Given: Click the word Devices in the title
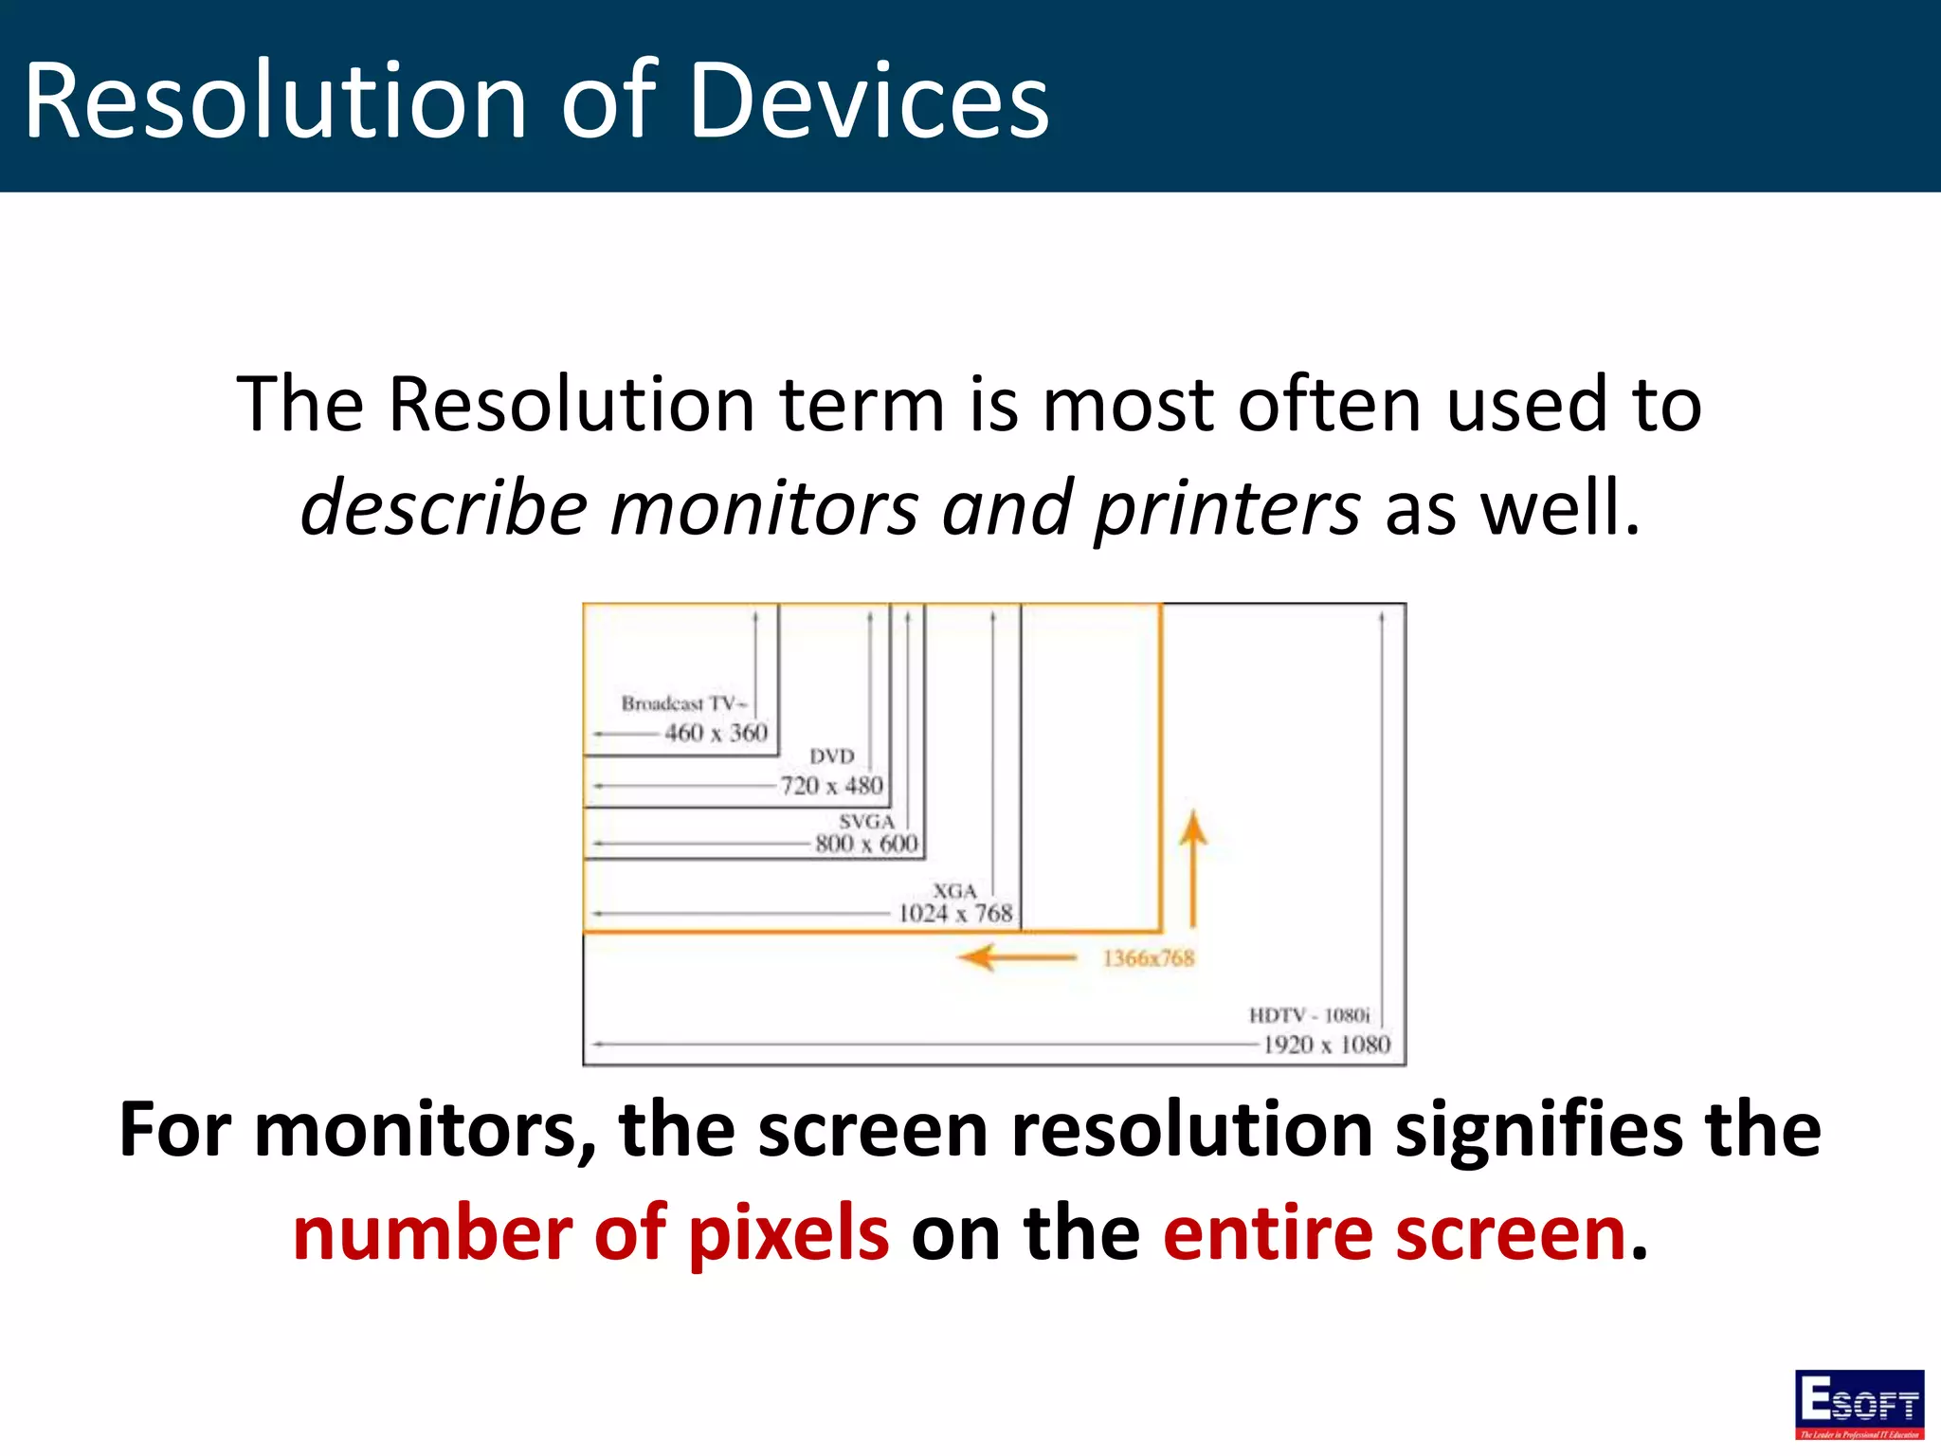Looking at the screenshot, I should click(869, 100).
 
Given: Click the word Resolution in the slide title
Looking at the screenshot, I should click(275, 100).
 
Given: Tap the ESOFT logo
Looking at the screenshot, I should click(1859, 1404).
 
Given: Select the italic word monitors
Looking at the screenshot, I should click(764, 508).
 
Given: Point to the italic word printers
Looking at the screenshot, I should click(1227, 508).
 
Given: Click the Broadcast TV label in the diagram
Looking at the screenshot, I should click(682, 703).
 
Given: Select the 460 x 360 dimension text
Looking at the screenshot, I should click(716, 733).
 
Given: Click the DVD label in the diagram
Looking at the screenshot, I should click(832, 756).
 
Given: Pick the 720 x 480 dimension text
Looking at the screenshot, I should click(831, 786).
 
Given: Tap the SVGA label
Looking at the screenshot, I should click(866, 821).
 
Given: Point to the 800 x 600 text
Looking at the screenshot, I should click(866, 844).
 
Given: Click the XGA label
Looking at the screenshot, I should click(953, 891).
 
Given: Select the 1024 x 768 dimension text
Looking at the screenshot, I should click(955, 914).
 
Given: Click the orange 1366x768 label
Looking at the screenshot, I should click(1148, 958).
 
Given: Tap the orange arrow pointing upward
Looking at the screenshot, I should click(1193, 867).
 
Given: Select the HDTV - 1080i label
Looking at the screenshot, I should click(1309, 1015).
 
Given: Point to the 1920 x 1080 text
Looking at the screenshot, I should click(1326, 1045).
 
